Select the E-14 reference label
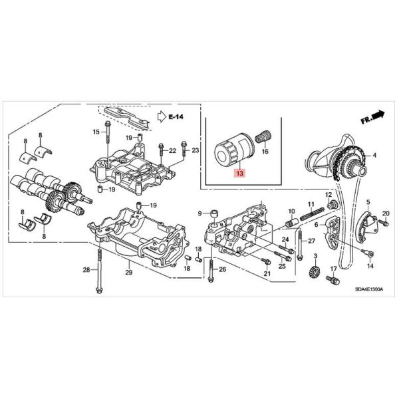[176, 116]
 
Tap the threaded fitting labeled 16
[265, 137]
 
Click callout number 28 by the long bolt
[86, 269]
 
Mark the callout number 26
[223, 269]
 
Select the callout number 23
[195, 152]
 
